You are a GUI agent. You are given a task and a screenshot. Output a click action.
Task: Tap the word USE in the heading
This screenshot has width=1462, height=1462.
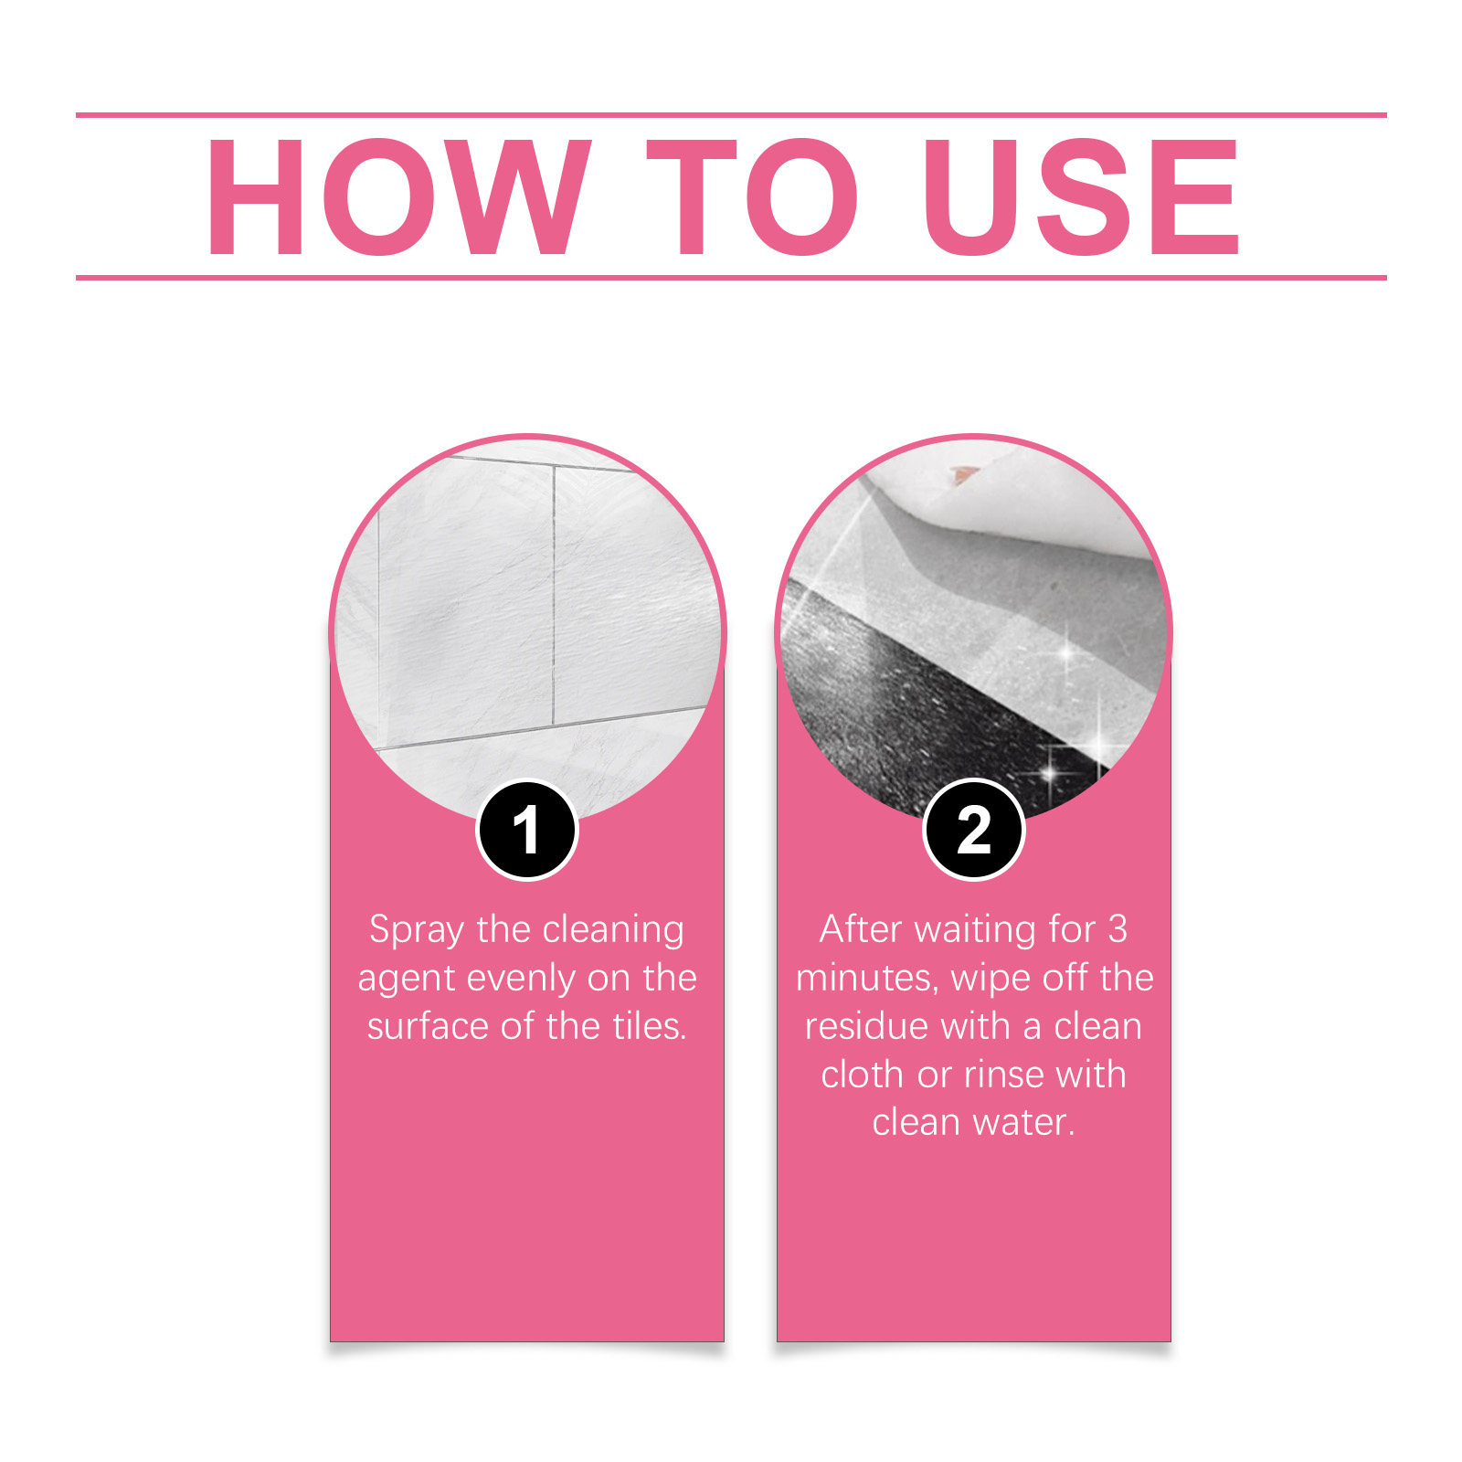coord(1082,196)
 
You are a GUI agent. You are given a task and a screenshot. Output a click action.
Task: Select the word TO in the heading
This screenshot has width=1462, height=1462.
coord(752,196)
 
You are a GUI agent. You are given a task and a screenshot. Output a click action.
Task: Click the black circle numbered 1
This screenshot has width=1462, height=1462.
coord(527,830)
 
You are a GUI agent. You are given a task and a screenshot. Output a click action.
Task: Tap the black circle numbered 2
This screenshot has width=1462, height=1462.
coord(974,830)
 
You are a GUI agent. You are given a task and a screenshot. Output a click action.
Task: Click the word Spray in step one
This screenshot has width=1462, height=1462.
coord(417,931)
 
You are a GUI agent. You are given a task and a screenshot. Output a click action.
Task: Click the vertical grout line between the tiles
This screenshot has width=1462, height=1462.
coord(554,595)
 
